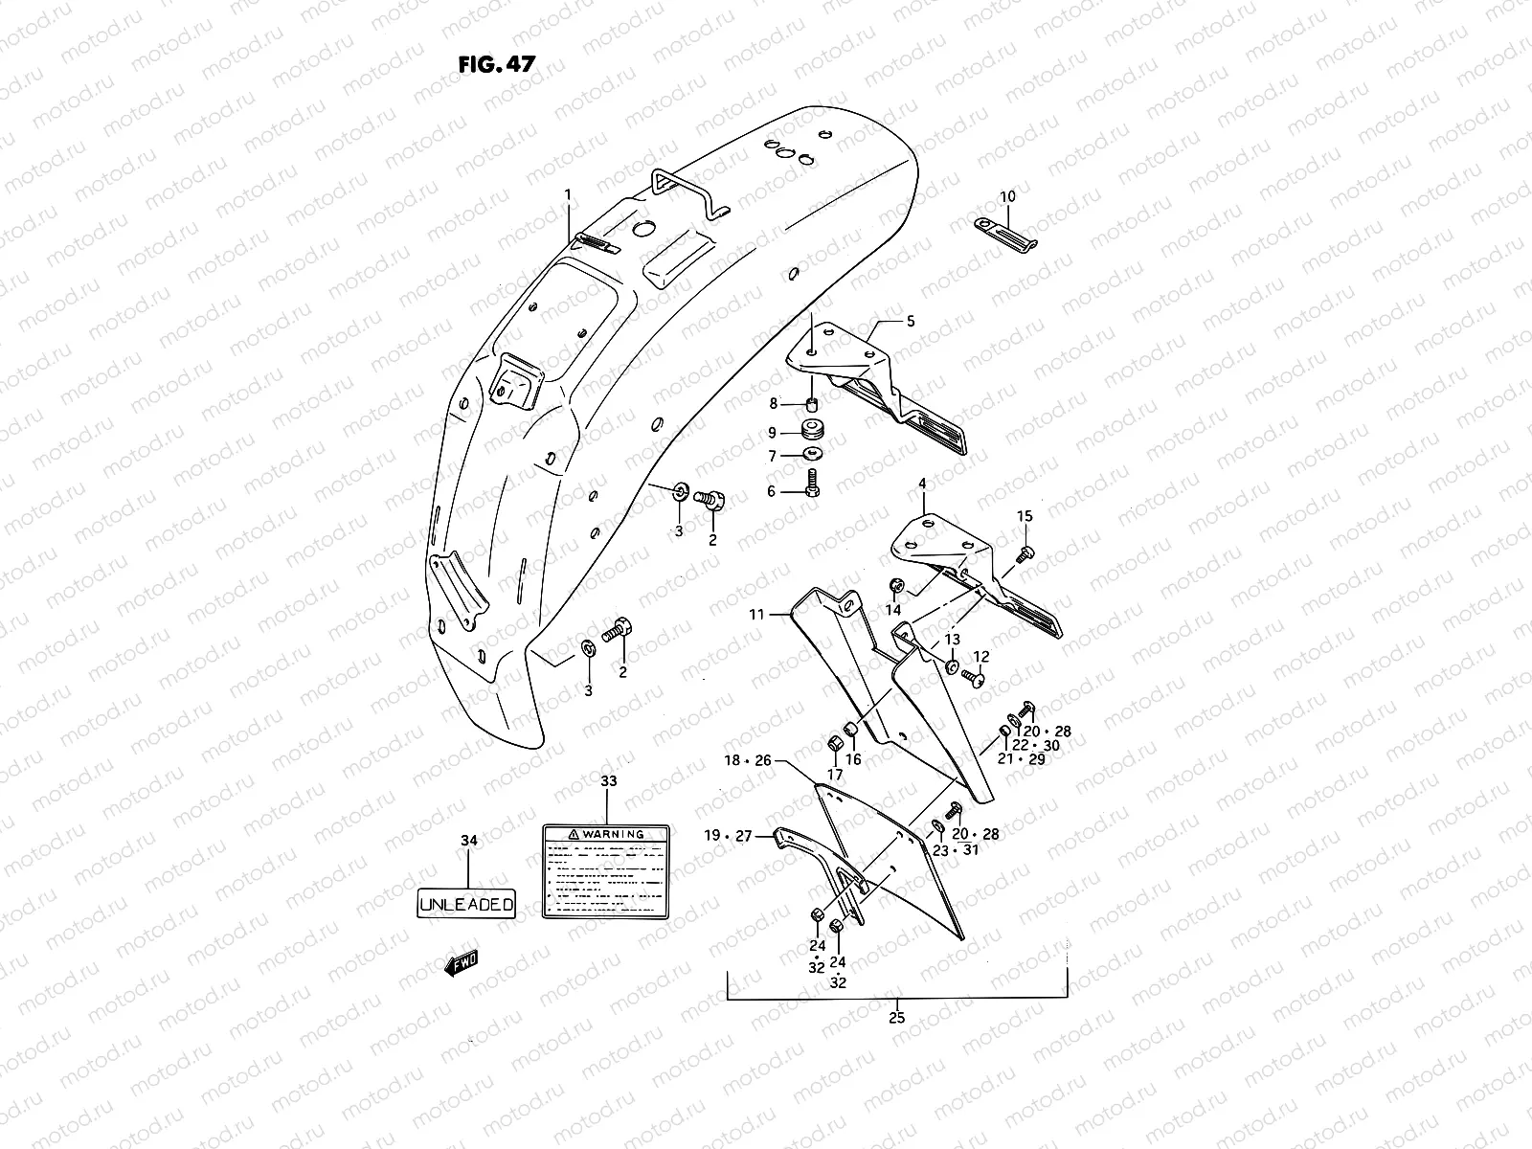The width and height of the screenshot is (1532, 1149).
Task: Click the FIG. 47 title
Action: (496, 64)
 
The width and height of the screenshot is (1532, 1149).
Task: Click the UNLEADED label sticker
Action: (467, 903)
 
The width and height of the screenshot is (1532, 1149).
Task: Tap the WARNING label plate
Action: (606, 872)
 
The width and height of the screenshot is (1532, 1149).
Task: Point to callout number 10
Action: (1007, 196)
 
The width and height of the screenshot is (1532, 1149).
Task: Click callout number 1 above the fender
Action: (567, 194)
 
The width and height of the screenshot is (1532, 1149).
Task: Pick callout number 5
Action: (911, 322)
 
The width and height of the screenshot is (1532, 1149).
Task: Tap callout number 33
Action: (609, 781)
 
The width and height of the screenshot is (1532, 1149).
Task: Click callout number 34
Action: (468, 841)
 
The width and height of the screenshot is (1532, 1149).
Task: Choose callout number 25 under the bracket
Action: (897, 1018)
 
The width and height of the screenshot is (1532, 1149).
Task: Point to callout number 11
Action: (757, 615)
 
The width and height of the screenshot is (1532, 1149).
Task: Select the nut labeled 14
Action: (897, 586)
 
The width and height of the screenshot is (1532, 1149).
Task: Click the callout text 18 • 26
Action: (748, 761)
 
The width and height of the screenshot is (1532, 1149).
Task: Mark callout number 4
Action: (922, 484)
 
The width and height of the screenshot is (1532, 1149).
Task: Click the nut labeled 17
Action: (834, 745)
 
